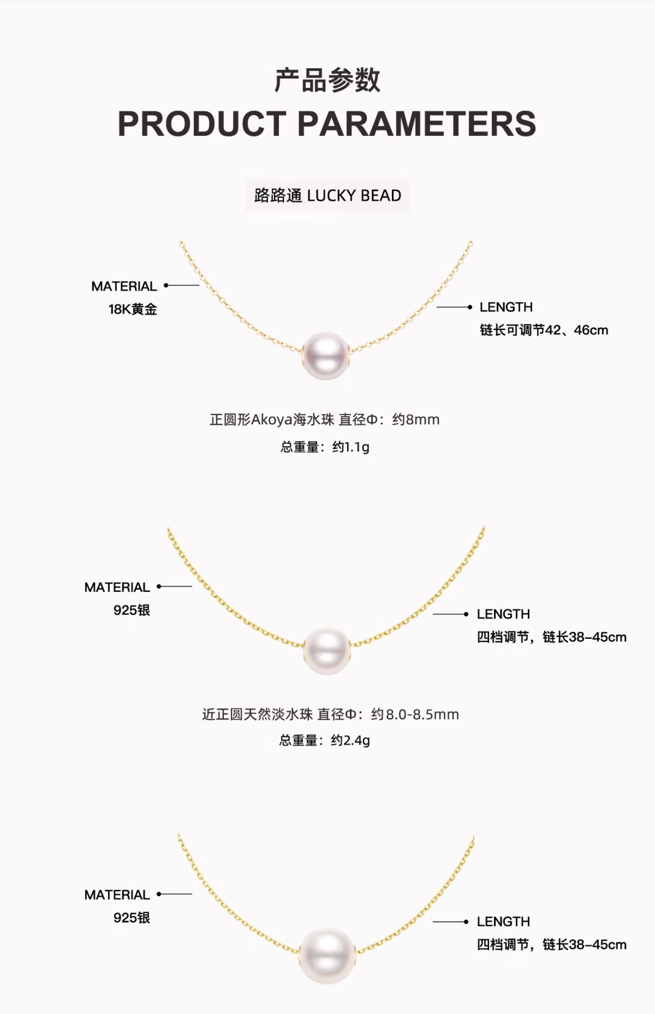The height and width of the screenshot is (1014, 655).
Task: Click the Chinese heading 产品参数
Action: tap(327, 80)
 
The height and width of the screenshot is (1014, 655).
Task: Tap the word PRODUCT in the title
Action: tap(202, 124)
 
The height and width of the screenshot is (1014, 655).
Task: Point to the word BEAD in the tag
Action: tap(381, 196)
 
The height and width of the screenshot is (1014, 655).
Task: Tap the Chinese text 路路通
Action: tap(278, 196)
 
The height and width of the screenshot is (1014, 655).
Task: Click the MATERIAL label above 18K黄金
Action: tap(124, 286)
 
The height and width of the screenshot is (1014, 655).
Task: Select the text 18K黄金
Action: tap(132, 309)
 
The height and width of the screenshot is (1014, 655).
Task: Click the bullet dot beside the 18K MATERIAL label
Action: tap(166, 286)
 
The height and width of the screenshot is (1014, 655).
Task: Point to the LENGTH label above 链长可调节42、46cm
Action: tap(506, 307)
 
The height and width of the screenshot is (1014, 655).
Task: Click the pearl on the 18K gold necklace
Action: tap(326, 355)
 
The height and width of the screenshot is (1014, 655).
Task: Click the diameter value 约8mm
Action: tap(415, 420)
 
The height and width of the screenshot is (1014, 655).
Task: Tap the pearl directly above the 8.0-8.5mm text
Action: tap(327, 651)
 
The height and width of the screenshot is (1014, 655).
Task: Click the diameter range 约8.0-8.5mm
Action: tap(415, 714)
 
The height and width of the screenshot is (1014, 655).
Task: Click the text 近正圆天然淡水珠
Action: tap(257, 714)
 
